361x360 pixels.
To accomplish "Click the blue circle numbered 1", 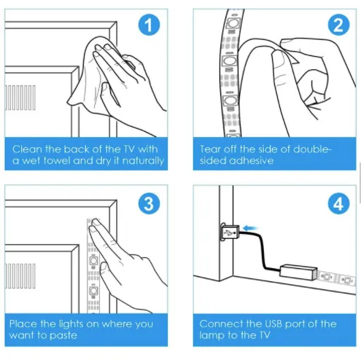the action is pos(149,25).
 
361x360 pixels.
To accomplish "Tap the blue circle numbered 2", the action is pos(338,25).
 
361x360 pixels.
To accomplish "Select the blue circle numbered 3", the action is pos(149,203).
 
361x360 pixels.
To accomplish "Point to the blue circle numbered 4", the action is pos(338,203).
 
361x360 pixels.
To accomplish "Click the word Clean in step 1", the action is pos(28,149).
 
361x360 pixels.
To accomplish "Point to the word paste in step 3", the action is pos(63,336).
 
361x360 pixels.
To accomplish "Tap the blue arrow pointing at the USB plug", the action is pos(250,228).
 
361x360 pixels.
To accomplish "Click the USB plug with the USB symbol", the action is pos(230,232).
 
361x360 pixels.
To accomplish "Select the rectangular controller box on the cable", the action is pos(298,272).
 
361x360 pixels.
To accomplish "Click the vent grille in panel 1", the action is pos(20,98).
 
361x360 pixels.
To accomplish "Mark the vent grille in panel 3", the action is pos(20,276).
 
